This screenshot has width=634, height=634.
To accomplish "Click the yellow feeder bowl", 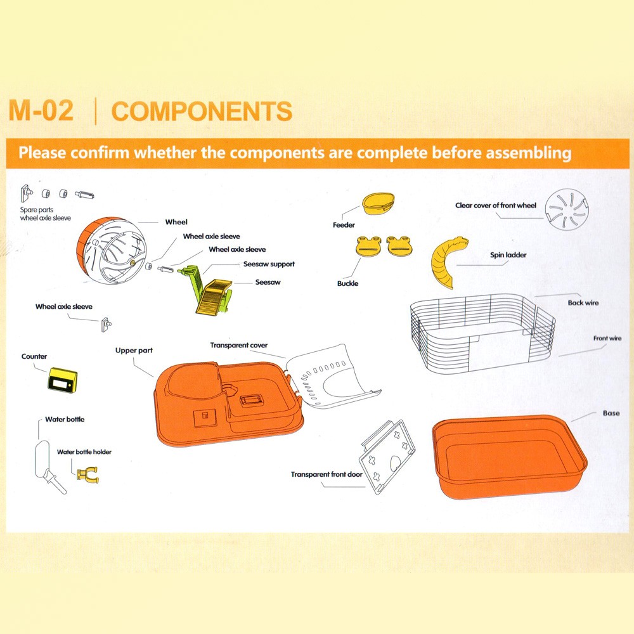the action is (x=378, y=204).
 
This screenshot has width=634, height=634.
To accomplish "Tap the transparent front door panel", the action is (x=387, y=457).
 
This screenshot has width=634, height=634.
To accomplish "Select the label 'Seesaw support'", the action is (x=269, y=264).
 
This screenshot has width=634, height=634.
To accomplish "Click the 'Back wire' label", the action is (x=583, y=302).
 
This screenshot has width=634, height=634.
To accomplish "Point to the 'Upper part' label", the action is (x=134, y=351).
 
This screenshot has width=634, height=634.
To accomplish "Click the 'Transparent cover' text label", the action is (x=238, y=346).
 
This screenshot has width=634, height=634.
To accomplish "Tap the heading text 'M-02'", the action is (x=41, y=110).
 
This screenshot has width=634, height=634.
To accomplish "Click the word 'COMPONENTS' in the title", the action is (x=202, y=111).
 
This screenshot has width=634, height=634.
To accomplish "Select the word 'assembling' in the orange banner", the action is (x=529, y=153).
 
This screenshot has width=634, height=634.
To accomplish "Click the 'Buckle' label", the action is (x=347, y=283).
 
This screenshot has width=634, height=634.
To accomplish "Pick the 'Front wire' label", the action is (x=607, y=338).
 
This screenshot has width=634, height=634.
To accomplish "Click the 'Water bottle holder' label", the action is (x=84, y=451).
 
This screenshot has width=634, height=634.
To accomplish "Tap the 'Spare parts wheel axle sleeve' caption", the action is (x=45, y=214).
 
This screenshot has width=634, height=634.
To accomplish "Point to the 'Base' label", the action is (x=611, y=413).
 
